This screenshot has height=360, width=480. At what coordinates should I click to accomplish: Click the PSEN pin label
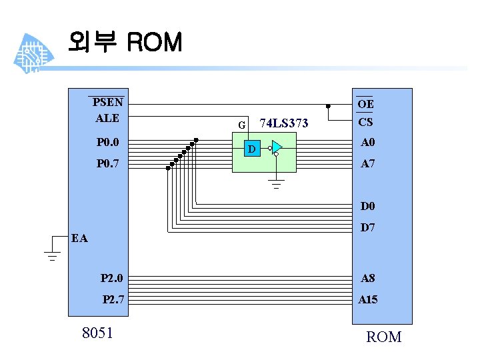(x=107, y=103)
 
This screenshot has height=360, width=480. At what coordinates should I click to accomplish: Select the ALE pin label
(x=107, y=118)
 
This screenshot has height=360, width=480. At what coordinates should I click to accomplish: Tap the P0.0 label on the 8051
(x=107, y=142)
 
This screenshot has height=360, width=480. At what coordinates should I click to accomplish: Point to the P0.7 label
(x=107, y=163)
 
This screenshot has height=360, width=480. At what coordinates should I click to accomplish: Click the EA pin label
(x=79, y=238)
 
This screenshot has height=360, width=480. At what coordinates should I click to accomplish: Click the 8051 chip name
(x=97, y=333)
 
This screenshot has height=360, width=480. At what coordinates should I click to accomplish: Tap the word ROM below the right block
(x=384, y=337)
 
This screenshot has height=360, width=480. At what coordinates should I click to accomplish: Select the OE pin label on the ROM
(x=365, y=104)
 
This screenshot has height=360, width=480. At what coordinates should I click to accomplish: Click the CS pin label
(x=365, y=123)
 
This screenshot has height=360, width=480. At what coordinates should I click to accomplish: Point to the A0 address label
(x=368, y=143)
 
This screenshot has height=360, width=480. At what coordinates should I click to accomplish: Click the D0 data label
(x=368, y=206)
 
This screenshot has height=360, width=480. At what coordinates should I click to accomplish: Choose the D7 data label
(x=368, y=228)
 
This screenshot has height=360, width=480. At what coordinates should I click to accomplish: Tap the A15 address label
(x=368, y=300)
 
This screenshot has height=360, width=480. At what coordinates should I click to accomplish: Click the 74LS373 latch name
(x=284, y=123)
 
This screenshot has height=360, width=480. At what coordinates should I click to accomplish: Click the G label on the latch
(x=243, y=125)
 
